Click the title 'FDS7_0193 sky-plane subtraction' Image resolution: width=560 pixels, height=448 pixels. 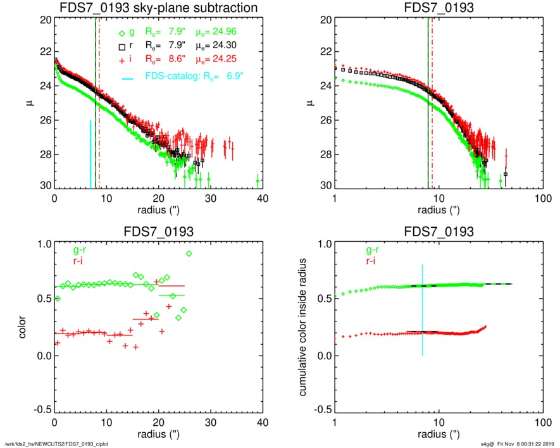coord(158,8)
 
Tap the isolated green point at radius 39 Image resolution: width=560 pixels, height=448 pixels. coord(258,181)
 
